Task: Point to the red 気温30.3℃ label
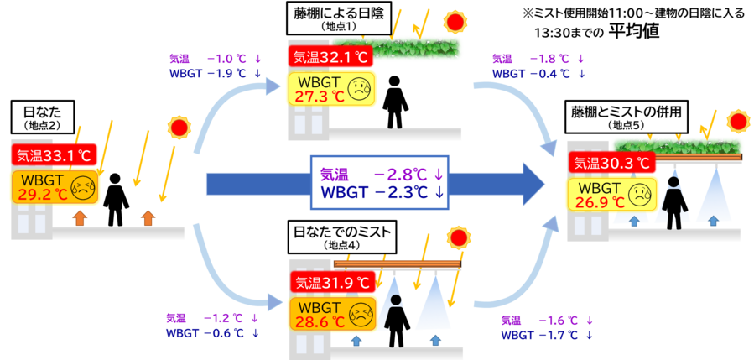point(611,163)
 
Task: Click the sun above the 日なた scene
point(179,127)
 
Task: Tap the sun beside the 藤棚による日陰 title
point(455,20)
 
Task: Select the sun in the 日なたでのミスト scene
point(457,237)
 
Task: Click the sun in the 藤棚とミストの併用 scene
point(737,121)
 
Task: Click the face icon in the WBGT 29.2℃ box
point(82,188)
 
